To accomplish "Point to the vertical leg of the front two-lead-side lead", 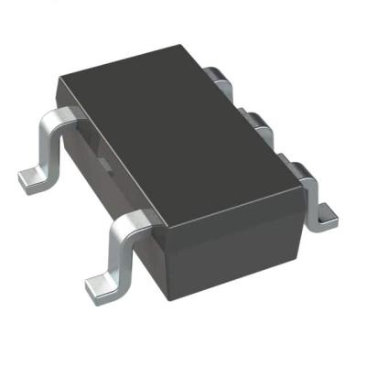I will pos(121,253).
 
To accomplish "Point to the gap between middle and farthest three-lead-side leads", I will pos(241,102).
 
